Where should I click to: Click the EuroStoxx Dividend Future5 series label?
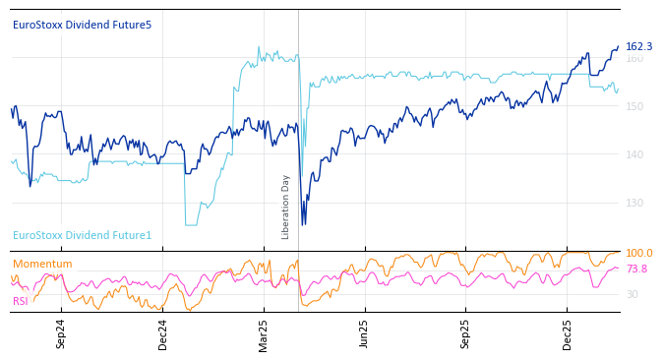(82, 25)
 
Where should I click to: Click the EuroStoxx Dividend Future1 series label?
(82, 235)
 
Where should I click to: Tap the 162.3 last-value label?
(638, 46)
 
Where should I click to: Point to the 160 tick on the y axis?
(634, 58)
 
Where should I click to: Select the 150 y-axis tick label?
(634, 106)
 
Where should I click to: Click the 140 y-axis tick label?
(634, 154)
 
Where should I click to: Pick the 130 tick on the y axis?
(634, 203)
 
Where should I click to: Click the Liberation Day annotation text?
(286, 207)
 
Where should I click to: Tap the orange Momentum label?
(42, 264)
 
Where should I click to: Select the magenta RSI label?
(21, 301)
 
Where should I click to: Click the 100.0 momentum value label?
(638, 253)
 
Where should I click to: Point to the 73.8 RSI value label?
(636, 269)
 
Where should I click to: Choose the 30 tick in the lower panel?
(632, 294)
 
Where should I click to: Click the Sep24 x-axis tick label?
(61, 333)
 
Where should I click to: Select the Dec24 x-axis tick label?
(163, 333)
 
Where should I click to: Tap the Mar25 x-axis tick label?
(264, 333)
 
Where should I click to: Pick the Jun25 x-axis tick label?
(364, 333)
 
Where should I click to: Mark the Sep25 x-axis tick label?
(465, 333)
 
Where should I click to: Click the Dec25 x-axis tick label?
(567, 333)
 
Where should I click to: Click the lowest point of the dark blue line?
(303, 225)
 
